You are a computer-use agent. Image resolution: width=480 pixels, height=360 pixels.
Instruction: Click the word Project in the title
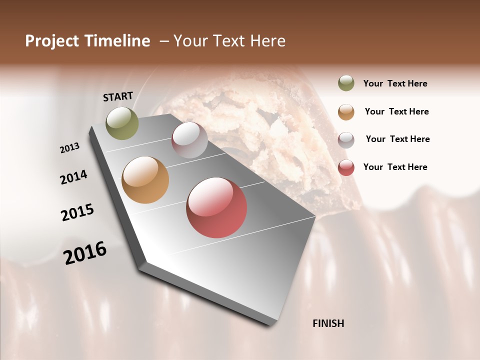52,41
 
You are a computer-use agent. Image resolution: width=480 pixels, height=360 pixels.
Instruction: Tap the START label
118,96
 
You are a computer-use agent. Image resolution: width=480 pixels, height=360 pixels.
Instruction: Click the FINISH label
328,323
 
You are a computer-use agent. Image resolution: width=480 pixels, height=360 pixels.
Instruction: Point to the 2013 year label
70,148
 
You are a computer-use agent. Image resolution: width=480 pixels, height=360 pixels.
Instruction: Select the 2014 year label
73,177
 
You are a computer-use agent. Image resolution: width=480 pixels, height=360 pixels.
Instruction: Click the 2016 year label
85,253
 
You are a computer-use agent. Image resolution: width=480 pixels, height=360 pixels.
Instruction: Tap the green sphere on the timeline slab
122,123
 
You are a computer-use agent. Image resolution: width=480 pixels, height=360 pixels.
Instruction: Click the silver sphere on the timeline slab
189,140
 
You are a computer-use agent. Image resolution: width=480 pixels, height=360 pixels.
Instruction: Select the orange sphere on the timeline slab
145,180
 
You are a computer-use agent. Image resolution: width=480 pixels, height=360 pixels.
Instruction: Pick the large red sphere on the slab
216,207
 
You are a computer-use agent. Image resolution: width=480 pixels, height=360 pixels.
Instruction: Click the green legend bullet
346,83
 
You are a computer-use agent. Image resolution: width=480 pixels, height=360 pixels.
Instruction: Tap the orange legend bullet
346,111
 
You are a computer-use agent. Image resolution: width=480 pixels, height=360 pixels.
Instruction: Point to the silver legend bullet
346,140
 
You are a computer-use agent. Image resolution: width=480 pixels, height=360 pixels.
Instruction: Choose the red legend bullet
346,167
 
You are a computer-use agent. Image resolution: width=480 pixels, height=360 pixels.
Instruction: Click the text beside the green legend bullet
395,83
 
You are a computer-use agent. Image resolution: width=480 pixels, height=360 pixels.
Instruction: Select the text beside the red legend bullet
395,167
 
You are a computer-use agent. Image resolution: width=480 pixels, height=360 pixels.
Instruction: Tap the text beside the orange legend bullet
397,111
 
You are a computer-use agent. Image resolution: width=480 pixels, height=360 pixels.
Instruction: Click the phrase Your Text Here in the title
229,41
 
